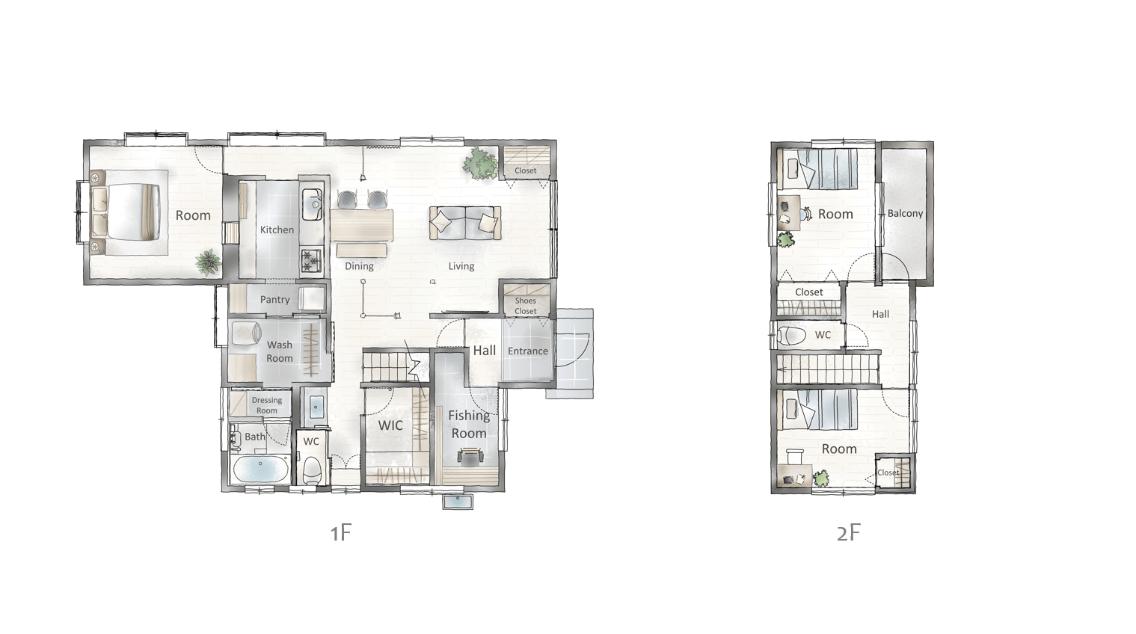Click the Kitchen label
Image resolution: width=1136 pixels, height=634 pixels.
[x=277, y=230]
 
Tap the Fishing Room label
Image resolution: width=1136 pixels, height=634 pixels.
[x=469, y=424]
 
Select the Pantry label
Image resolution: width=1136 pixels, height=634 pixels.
[x=275, y=300]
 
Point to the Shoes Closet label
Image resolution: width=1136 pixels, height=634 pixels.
[x=526, y=306]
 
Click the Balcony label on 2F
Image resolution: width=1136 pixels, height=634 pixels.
[x=905, y=213]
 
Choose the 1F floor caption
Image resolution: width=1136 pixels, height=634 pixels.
[x=341, y=532]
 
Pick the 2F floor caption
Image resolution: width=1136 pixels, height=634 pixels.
[x=849, y=532]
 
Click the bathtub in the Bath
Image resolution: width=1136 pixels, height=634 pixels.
[x=260, y=470]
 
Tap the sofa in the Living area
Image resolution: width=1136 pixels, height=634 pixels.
[x=465, y=223]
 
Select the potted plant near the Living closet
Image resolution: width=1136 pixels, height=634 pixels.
[x=480, y=163]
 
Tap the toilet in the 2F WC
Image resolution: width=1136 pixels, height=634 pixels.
[x=790, y=335]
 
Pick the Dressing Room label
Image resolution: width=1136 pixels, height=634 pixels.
[x=267, y=405]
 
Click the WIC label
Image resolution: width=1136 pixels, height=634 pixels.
[x=390, y=425]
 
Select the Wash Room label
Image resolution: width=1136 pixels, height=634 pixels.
[x=280, y=351]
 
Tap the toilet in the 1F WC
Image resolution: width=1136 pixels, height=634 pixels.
[x=312, y=470]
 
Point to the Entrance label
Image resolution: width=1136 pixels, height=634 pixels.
[x=527, y=351]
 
